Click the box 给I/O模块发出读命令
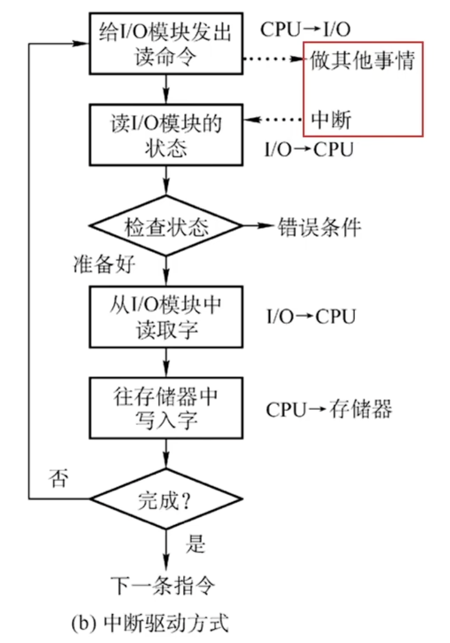tap(166, 44)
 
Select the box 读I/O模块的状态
tap(166, 135)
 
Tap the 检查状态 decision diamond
tap(166, 226)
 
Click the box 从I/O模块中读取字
tap(166, 317)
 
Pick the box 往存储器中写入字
tap(166, 408)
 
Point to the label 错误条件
tap(319, 226)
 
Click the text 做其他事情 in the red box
tap(362, 61)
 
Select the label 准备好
tap(104, 264)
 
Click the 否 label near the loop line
tap(59, 478)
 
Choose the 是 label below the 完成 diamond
tap(196, 544)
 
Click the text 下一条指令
tap(162, 585)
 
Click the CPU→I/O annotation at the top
tap(305, 30)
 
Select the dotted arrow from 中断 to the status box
tap(274, 119)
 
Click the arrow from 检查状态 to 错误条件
tap(259, 225)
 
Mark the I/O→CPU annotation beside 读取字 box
tap(311, 317)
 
